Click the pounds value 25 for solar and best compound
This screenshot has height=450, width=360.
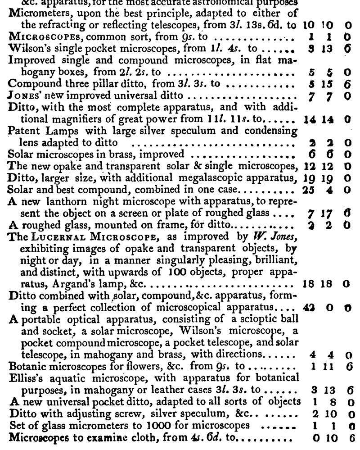(308, 190)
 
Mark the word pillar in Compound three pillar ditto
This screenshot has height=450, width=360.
(103, 83)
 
